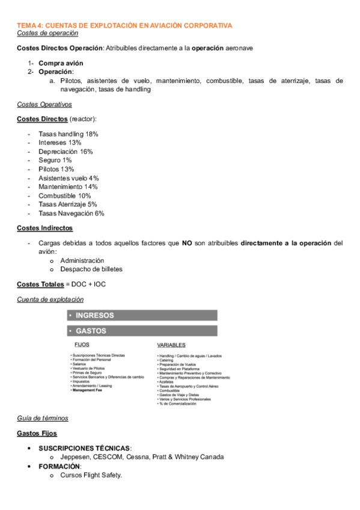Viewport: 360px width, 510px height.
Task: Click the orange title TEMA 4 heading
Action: (124, 25)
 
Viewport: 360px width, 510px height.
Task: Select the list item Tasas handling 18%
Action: (68, 134)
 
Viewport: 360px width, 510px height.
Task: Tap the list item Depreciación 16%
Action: (65, 152)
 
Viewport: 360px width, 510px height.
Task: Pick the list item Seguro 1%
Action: (55, 161)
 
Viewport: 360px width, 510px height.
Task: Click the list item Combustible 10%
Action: (64, 195)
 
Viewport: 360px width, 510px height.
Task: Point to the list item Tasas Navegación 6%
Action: (71, 213)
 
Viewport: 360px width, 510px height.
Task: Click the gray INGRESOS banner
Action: (142, 315)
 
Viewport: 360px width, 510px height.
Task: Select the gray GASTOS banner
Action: (142, 331)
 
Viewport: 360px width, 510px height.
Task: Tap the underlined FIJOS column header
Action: (81, 345)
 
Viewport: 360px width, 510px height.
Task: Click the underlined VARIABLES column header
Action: (171, 345)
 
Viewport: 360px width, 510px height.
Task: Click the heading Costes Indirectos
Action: (44, 228)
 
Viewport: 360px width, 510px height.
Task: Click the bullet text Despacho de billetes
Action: (91, 269)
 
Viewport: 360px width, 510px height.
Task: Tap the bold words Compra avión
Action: (61, 63)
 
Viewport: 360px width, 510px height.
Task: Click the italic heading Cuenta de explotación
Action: (50, 299)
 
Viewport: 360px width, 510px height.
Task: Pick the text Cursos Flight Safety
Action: (91, 476)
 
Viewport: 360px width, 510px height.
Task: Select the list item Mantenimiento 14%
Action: (67, 186)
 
